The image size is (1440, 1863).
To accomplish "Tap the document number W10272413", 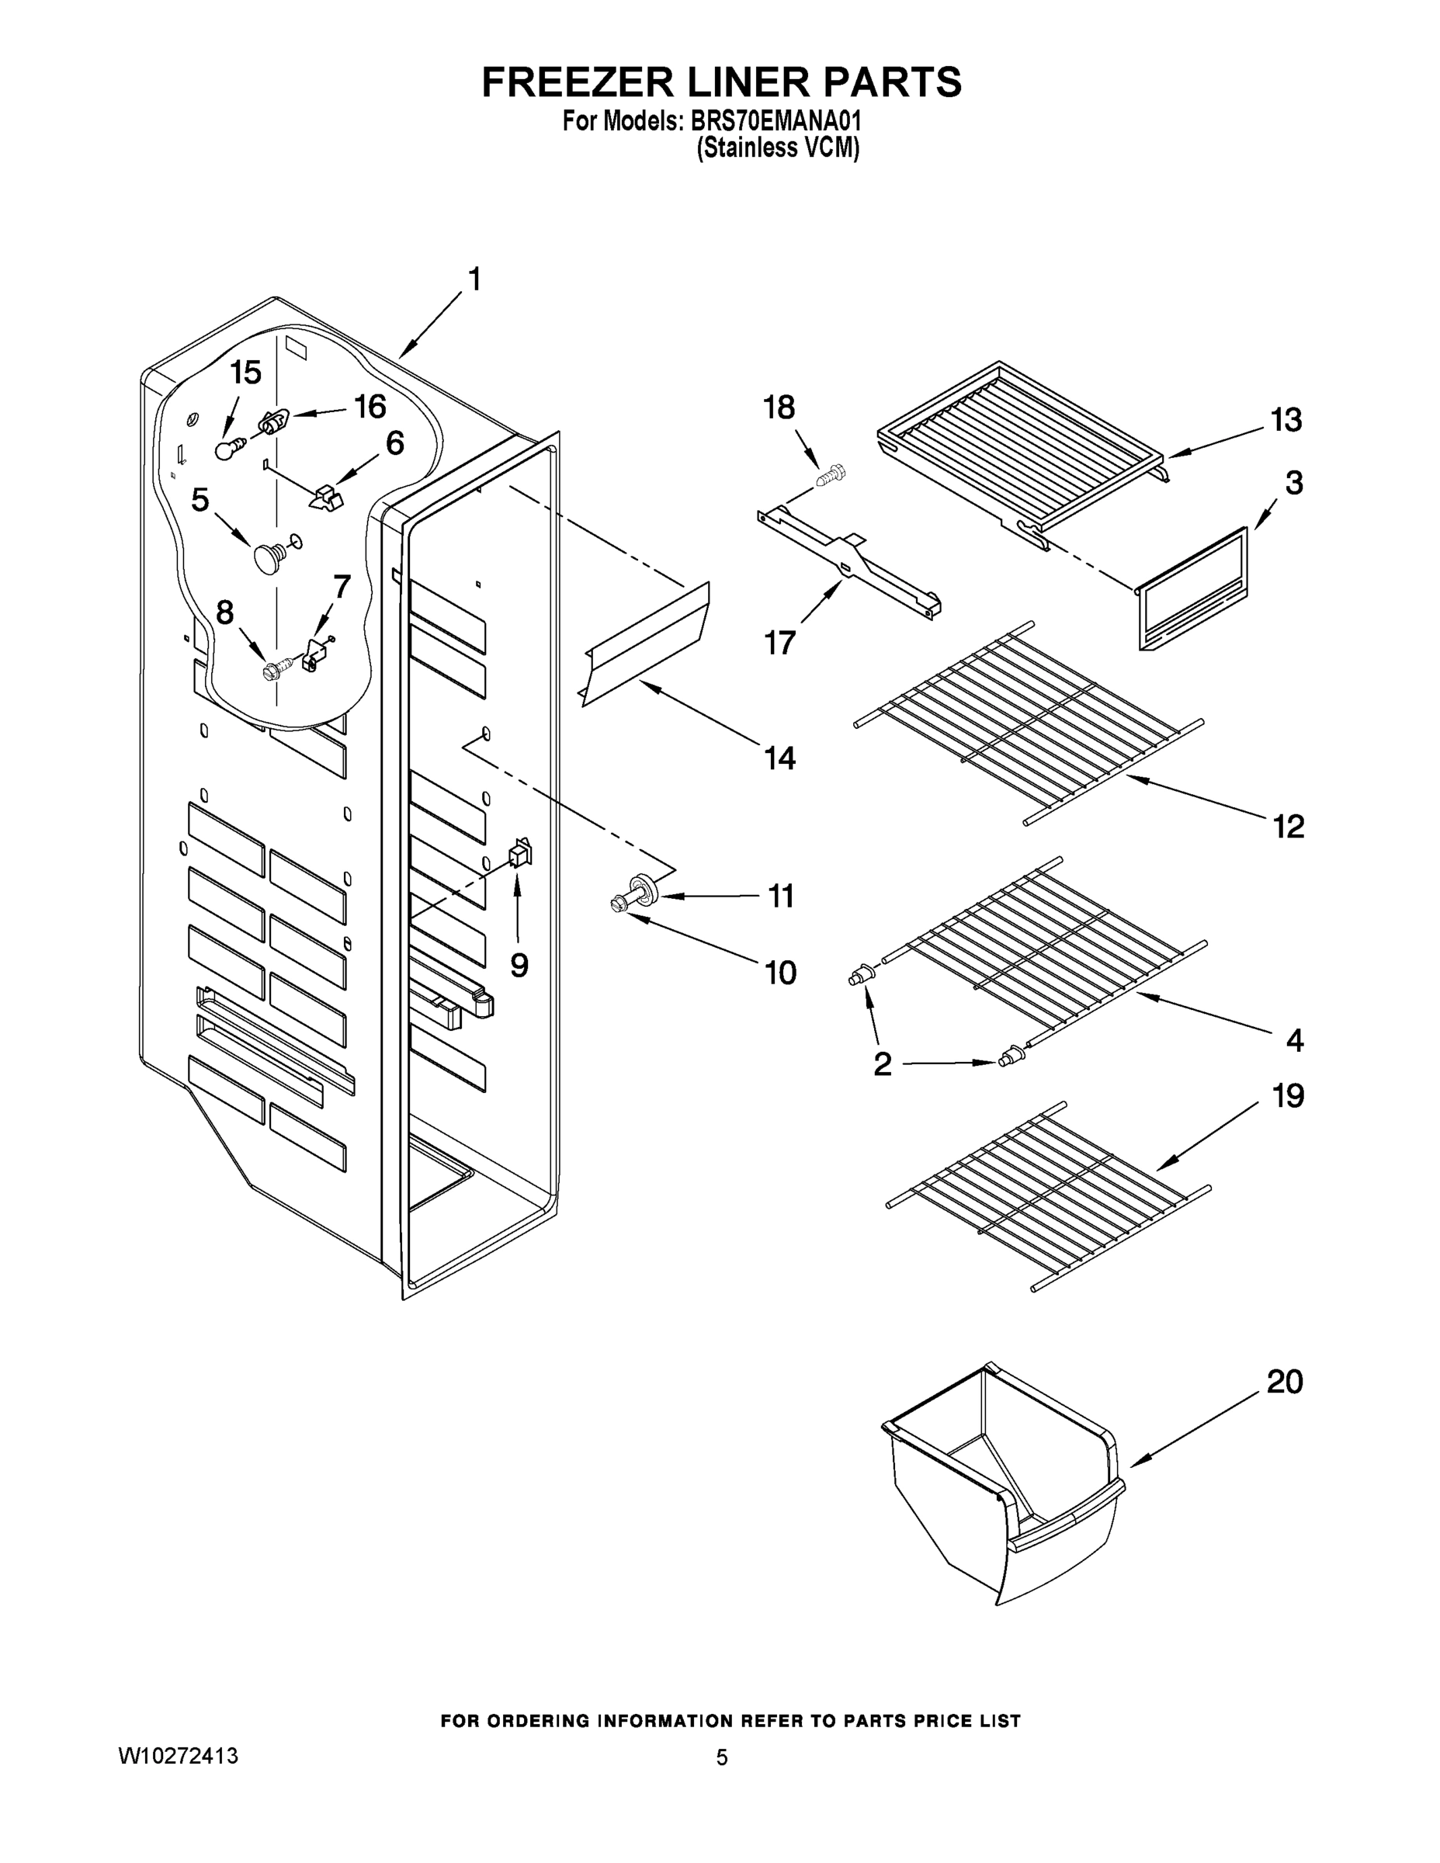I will click(178, 1756).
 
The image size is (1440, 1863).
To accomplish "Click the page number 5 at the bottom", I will click(722, 1757).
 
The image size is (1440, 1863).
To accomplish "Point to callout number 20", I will click(1285, 1381).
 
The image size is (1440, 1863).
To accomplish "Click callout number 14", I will click(779, 758).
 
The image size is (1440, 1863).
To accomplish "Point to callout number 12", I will click(1288, 826).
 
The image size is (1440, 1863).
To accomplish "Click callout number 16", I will click(370, 407).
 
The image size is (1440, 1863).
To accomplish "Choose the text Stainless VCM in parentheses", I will click(777, 148).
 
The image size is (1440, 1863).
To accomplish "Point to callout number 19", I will click(1288, 1095).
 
